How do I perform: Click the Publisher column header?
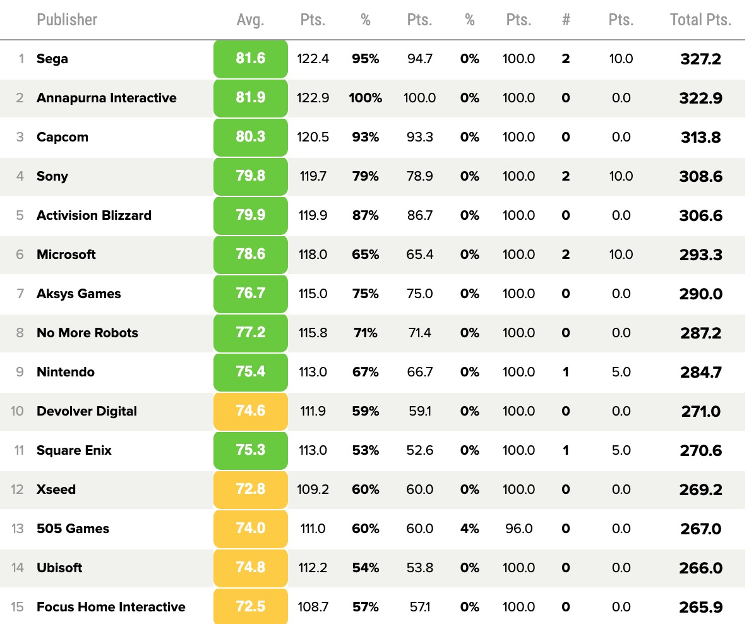coord(67,20)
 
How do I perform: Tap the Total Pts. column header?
coord(700,20)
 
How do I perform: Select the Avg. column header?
coord(250,20)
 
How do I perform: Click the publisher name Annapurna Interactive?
coord(106,98)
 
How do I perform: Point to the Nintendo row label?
coord(66,372)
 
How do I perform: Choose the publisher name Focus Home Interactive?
coord(111,607)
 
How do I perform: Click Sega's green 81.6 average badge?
coord(251,59)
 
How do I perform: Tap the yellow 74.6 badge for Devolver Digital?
coord(251,411)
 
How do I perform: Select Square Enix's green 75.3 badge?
coord(251,450)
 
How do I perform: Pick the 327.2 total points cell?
coord(700,59)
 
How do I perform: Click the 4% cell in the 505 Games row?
coord(469,529)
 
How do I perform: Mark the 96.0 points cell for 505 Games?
coord(518,529)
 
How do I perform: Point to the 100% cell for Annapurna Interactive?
coord(365,98)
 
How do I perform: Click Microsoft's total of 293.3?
coord(700,255)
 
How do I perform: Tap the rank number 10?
coord(17,411)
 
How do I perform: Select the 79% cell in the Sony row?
coord(365,176)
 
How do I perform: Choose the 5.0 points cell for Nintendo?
coord(621,372)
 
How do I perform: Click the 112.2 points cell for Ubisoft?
coord(313,568)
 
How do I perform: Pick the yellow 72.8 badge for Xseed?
coord(251,489)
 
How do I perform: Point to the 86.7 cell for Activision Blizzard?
coord(420,215)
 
